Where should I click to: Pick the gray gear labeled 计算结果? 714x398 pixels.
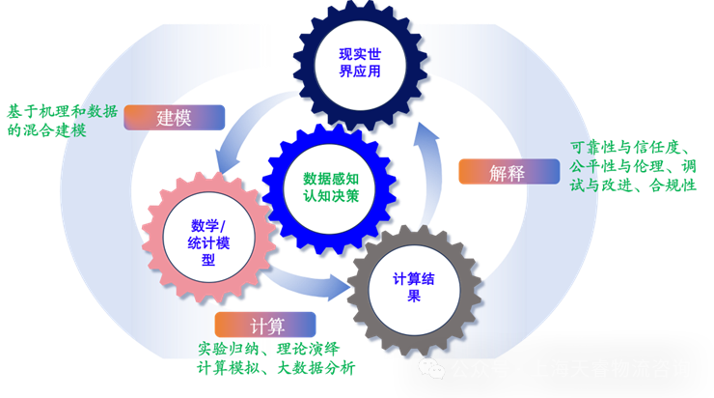(x=413, y=287)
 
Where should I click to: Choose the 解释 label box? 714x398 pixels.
(x=508, y=173)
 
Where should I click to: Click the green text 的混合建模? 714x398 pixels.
(x=46, y=129)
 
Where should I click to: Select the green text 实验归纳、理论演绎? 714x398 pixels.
(x=268, y=348)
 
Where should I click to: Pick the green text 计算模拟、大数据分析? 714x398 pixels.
(x=276, y=367)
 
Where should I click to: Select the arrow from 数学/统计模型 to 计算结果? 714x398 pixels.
(x=309, y=281)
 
